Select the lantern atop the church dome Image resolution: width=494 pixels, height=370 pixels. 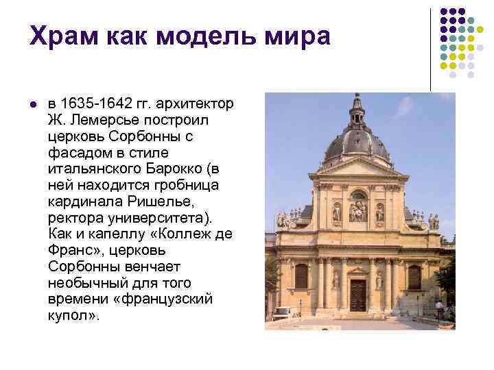coord(356,110)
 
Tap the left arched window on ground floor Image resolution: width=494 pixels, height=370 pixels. coord(301,275)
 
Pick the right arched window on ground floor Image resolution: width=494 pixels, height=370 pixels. coord(414,276)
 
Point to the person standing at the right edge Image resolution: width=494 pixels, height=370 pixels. coord(438,308)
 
